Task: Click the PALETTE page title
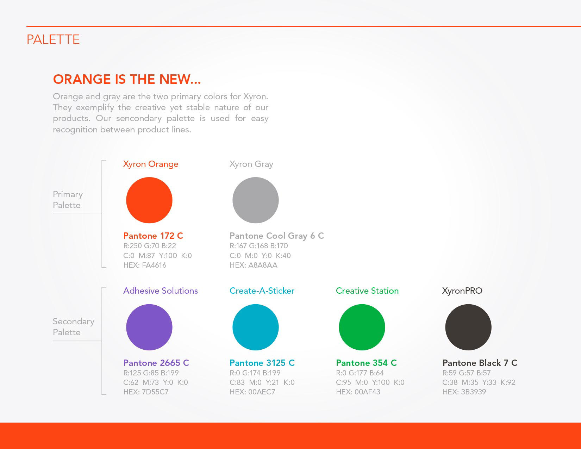[53, 39]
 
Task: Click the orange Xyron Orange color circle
[149, 200]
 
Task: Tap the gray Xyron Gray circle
[256, 200]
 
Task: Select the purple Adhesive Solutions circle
[149, 327]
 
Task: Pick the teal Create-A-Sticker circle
[256, 327]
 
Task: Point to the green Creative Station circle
[362, 327]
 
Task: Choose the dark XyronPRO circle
[468, 327]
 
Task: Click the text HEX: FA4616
[145, 265]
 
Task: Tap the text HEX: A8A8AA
[254, 265]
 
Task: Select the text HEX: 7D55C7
[146, 392]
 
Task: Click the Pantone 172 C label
[153, 236]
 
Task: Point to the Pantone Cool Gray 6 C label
[277, 236]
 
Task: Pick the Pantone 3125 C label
[262, 363]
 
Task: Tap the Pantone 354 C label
[366, 363]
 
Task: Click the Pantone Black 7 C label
[480, 363]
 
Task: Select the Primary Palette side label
[68, 199]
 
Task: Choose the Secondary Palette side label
[74, 326]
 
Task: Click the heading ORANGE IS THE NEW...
[127, 79]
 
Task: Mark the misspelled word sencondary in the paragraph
[139, 118]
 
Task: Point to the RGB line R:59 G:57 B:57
[467, 373]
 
